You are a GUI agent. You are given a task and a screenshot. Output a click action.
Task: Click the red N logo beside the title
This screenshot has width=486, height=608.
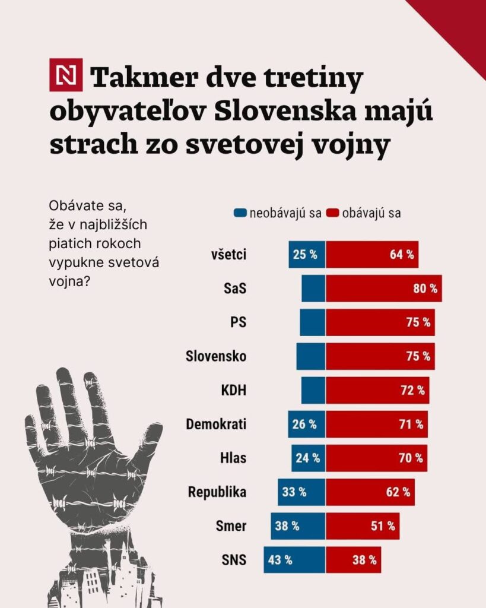[x=66, y=75]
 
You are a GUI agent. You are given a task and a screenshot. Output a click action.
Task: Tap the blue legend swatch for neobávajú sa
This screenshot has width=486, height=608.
[x=240, y=213]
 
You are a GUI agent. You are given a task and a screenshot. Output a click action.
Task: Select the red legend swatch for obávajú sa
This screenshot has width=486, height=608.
[x=333, y=213]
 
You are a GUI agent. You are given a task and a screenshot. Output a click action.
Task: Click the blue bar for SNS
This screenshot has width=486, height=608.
[x=294, y=559]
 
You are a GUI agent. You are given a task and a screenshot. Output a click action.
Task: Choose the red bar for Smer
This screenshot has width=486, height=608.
[x=363, y=525]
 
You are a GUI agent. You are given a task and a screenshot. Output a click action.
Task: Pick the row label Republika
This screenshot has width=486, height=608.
[x=217, y=492]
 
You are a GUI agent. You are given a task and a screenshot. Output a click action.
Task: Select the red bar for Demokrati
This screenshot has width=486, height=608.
[x=376, y=425]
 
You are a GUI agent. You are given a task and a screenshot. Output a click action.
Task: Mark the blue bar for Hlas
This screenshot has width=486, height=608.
[x=308, y=458]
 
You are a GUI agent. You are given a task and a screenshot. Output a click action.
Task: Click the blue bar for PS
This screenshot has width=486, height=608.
[x=312, y=322]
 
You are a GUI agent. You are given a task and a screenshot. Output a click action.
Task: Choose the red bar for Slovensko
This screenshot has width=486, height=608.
[x=380, y=356]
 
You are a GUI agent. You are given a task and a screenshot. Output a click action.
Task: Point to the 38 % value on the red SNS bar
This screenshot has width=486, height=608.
[x=364, y=559]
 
